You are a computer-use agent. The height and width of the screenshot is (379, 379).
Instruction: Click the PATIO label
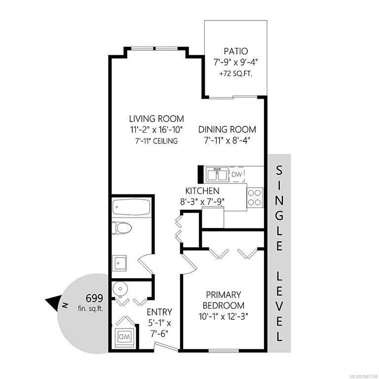236,51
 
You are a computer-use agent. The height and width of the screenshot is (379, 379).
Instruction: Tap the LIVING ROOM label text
156,119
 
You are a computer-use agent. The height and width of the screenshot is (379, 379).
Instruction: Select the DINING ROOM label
227,130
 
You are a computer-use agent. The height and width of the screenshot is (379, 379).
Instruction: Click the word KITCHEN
202,191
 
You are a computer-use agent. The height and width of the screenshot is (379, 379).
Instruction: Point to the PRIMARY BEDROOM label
224,300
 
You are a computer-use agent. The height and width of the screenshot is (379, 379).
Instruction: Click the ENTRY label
159,312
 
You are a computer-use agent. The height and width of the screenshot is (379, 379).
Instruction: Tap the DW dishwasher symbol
237,174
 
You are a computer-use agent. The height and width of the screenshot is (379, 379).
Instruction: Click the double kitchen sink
217,175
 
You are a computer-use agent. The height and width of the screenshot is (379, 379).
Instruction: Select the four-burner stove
255,197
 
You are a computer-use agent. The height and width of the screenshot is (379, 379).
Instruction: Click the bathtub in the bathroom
131,207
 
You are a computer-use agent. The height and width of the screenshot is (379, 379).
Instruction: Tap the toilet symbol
121,228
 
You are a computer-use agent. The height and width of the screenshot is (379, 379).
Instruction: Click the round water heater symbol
120,289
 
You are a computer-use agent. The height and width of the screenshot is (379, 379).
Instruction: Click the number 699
94,299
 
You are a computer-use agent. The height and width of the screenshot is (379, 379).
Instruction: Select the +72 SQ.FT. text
236,74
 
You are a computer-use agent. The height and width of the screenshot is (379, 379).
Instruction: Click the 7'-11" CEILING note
156,141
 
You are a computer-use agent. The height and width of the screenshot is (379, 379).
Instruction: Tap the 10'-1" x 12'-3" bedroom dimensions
224,316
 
